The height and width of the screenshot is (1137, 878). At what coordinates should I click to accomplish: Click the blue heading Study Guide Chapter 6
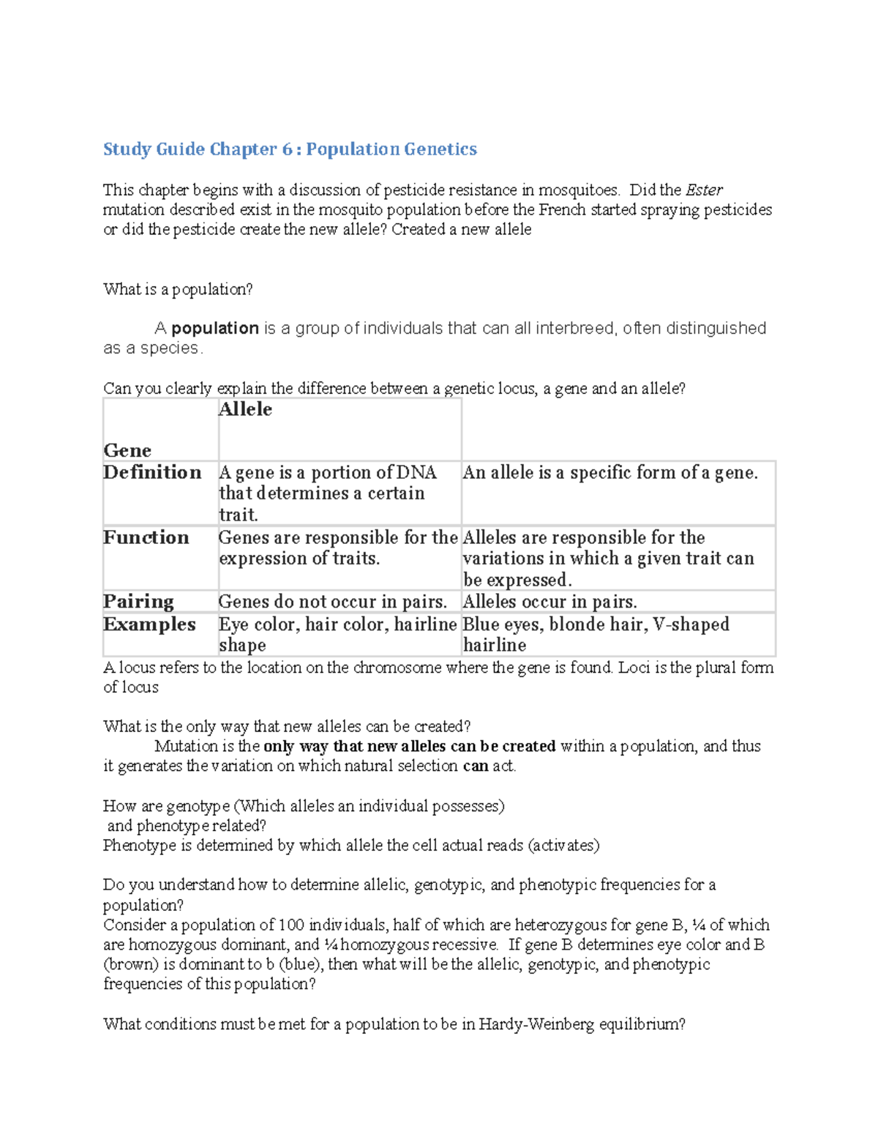click(290, 149)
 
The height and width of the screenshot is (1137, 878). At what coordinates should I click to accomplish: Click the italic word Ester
click(704, 190)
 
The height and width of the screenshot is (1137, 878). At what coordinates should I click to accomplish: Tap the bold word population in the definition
click(214, 328)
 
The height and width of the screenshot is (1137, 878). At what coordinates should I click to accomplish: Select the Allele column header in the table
click(245, 409)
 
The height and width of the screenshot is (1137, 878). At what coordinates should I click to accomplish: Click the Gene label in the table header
click(127, 450)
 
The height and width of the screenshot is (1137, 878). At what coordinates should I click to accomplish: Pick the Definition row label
click(152, 472)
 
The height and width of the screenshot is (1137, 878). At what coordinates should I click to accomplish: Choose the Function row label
click(146, 537)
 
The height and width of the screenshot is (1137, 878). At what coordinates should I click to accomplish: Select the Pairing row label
click(138, 602)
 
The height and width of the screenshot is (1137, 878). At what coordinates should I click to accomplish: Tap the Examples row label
click(150, 625)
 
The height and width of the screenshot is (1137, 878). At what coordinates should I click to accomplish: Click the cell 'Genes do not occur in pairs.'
click(333, 602)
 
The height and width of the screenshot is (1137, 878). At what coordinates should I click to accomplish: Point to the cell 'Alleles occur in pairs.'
click(549, 602)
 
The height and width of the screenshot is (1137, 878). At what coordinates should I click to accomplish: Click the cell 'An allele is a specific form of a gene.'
click(610, 473)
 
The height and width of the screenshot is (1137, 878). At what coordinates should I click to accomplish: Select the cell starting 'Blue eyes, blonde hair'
click(596, 634)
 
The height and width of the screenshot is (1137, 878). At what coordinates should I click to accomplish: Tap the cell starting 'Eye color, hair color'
click(337, 634)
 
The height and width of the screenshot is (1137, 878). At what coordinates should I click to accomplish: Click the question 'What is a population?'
click(178, 290)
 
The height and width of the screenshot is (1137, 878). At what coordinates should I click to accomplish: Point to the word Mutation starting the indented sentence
click(186, 746)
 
